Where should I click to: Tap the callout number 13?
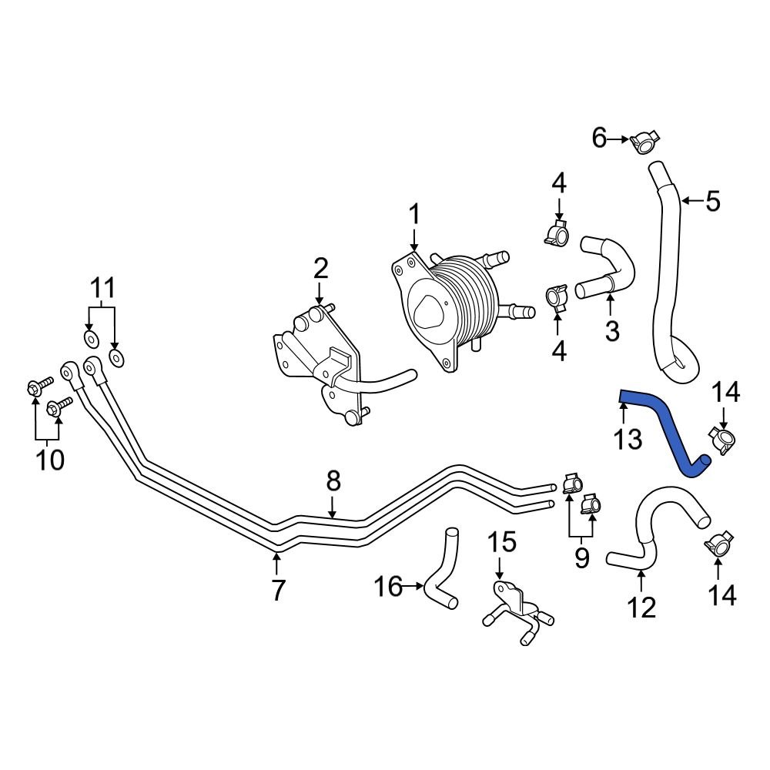tap(628, 440)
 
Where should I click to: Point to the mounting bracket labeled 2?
tap(320, 354)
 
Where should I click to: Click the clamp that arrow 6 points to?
tap(644, 142)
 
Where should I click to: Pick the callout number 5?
tap(712, 202)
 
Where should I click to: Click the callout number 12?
tap(641, 608)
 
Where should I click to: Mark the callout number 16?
tap(389, 588)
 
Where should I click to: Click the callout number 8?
tap(333, 481)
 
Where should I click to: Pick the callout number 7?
tap(277, 591)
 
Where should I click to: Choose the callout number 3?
tap(611, 331)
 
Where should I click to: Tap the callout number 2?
tap(320, 269)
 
